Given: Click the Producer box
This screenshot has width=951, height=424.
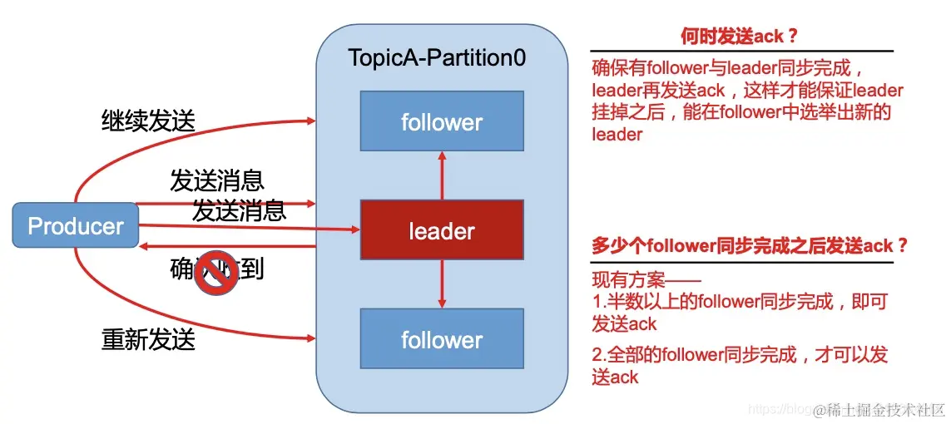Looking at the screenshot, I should pyautogui.click(x=76, y=225).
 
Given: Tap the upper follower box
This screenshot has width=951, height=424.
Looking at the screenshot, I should pyautogui.click(x=441, y=121).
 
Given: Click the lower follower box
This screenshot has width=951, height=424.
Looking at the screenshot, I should pyautogui.click(x=441, y=338).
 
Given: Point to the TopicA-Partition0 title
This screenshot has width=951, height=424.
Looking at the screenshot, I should pyautogui.click(x=437, y=59).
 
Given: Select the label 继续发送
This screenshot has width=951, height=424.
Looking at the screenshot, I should pyautogui.click(x=148, y=121).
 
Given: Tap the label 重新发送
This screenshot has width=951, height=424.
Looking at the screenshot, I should pyautogui.click(x=148, y=339).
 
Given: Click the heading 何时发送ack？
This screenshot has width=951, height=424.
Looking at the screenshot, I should pyautogui.click(x=740, y=36).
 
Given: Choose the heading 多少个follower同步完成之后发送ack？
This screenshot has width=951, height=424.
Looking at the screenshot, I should pyautogui.click(x=749, y=246).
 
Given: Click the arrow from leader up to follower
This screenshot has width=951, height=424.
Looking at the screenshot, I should pyautogui.click(x=442, y=175).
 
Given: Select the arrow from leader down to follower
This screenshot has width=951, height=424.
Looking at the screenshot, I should pyautogui.click(x=442, y=283).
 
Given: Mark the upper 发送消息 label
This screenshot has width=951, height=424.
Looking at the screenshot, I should pyautogui.click(x=216, y=180).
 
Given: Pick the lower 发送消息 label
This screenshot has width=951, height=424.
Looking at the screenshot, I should pyautogui.click(x=240, y=210).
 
